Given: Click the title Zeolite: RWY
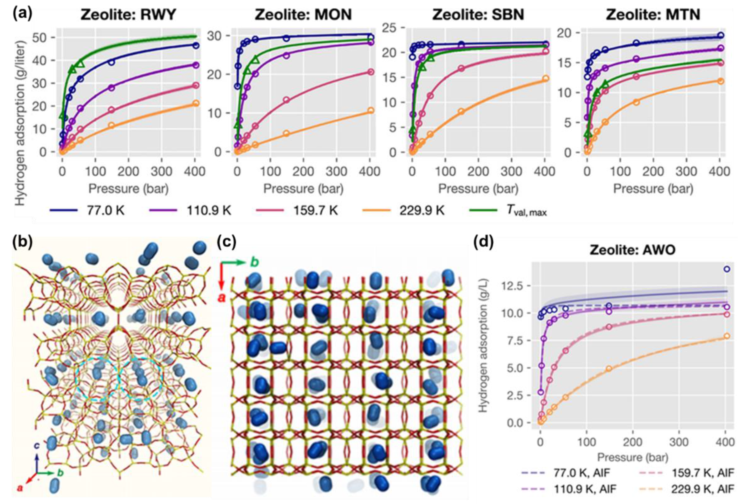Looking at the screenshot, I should [128, 15].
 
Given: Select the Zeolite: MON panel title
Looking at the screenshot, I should [303, 15].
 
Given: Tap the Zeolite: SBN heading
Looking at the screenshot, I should [478, 15].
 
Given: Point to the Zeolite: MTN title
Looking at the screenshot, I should [653, 15].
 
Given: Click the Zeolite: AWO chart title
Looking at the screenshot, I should [633, 250].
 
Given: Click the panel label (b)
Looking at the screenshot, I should [22, 243].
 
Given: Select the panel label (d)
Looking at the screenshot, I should [484, 243].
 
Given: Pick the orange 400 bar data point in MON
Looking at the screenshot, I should [370, 111].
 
